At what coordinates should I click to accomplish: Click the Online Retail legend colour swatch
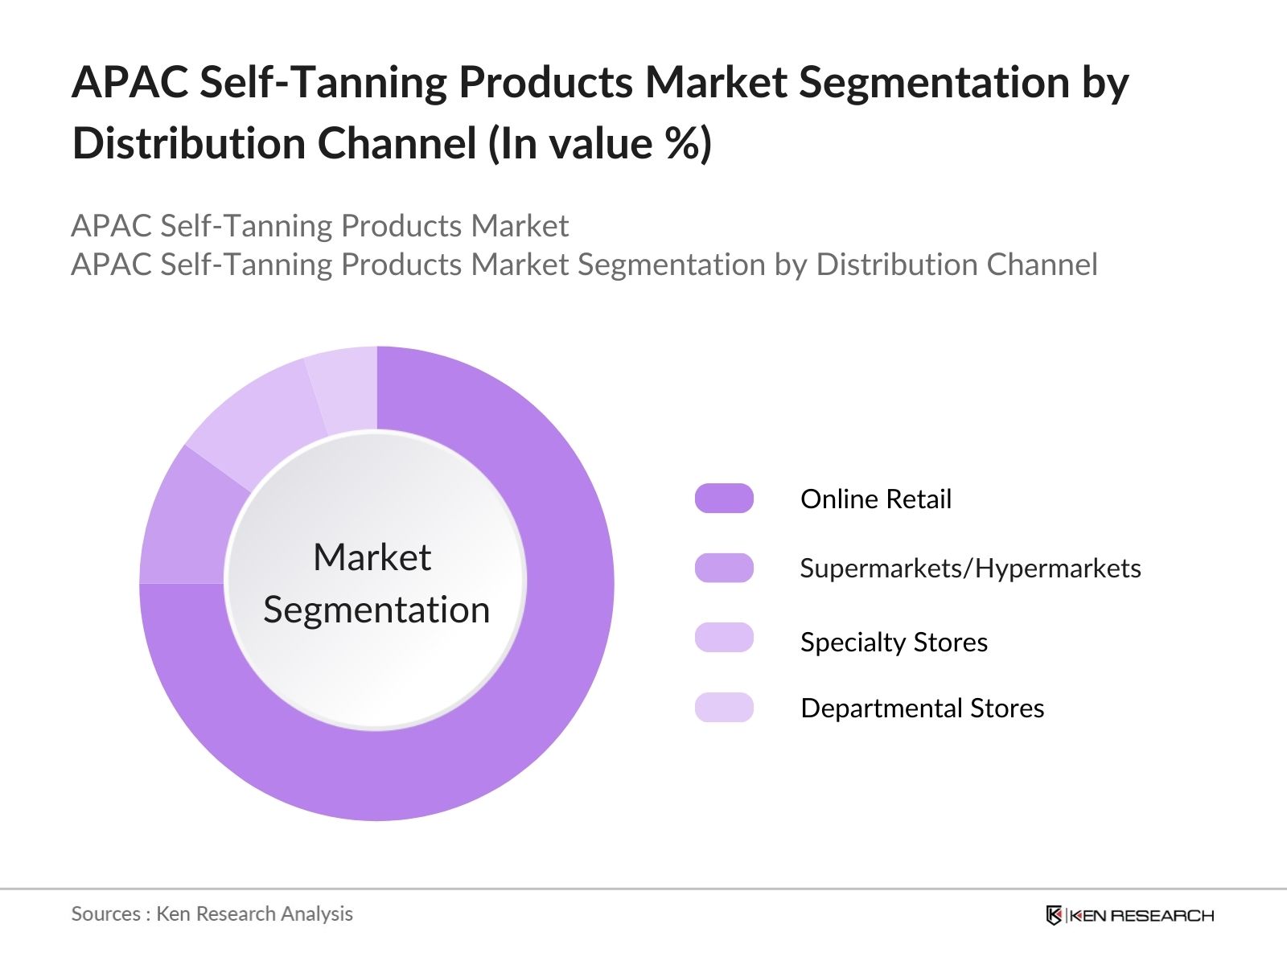click(x=724, y=499)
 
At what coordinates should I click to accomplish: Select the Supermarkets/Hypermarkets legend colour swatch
click(x=724, y=568)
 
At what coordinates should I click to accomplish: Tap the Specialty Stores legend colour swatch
click(x=724, y=638)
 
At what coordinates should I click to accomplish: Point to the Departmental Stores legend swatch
click(x=724, y=708)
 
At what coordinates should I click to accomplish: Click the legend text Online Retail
click(x=875, y=499)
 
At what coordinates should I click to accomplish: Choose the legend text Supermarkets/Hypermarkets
click(x=970, y=569)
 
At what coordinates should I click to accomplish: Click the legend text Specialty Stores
click(x=894, y=643)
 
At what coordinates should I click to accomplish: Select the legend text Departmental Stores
click(x=922, y=708)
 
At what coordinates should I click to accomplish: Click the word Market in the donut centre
click(x=372, y=557)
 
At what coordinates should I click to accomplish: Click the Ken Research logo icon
click(x=1054, y=915)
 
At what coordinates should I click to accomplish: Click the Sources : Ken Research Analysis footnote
click(x=212, y=914)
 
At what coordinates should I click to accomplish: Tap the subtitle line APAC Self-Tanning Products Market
click(x=319, y=226)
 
